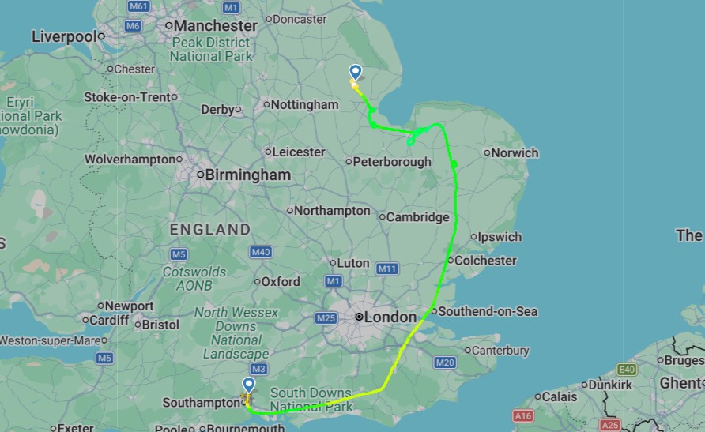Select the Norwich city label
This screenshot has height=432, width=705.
[x=515, y=152]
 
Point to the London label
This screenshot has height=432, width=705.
[x=390, y=317]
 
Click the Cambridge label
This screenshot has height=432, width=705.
[x=417, y=217]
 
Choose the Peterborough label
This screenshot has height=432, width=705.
[x=392, y=162]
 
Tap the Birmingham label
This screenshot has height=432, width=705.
[x=247, y=175]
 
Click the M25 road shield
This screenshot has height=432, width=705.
[x=325, y=317]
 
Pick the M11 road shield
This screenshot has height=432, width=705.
[x=387, y=269]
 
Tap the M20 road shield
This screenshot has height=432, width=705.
[x=444, y=363]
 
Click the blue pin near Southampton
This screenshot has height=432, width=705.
[x=248, y=385]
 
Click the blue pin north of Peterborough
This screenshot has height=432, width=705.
[x=355, y=72]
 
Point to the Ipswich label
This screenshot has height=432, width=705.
[x=500, y=237]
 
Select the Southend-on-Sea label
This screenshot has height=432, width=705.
[x=488, y=311]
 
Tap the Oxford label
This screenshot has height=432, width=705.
[x=281, y=281]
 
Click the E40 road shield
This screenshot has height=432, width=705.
[x=628, y=369]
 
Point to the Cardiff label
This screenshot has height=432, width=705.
[x=109, y=320]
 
